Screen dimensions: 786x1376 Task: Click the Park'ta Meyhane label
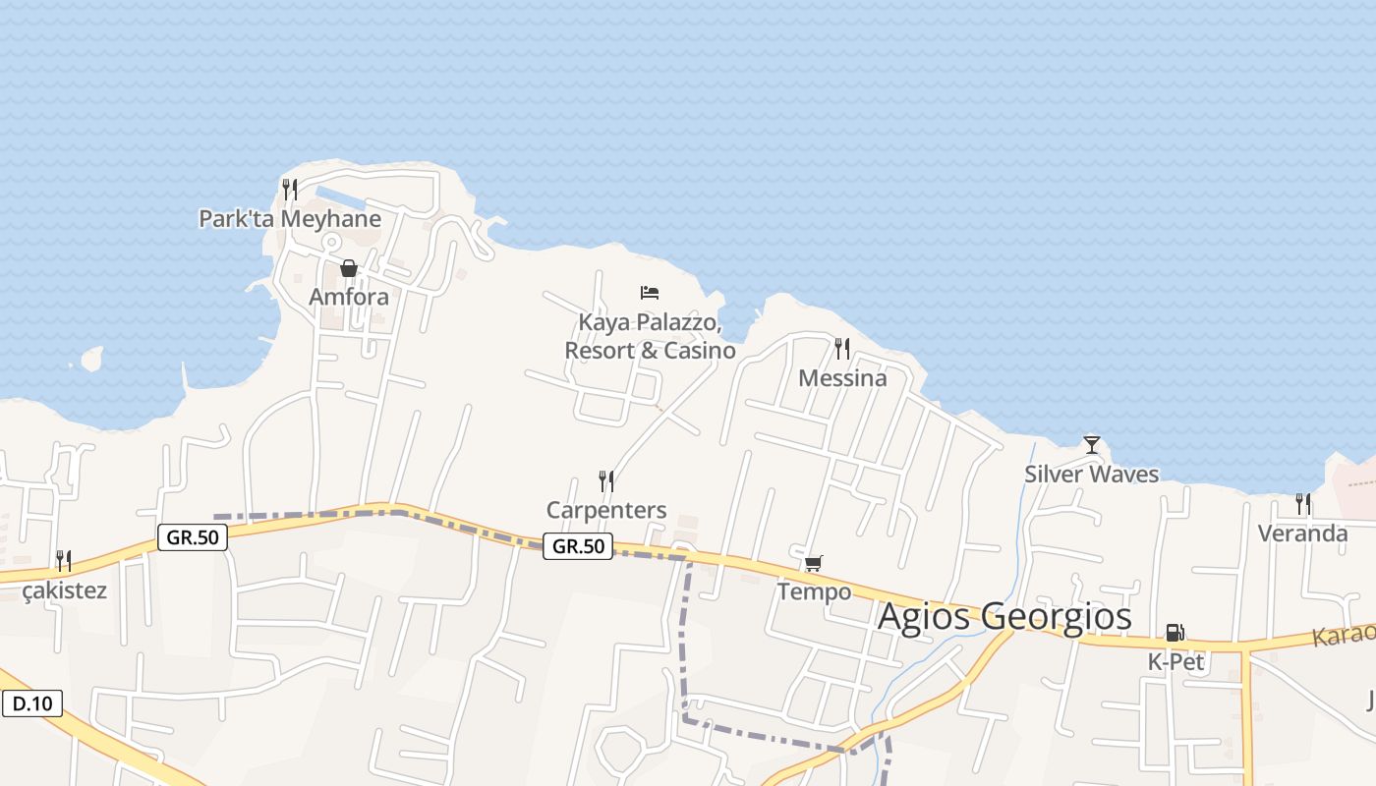(290, 218)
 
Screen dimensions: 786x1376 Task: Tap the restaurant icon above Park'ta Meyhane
(289, 189)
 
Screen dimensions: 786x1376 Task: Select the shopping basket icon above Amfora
(348, 268)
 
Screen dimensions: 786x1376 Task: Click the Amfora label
(349, 297)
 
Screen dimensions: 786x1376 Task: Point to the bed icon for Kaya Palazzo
(649, 292)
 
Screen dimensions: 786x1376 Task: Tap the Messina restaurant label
(842, 378)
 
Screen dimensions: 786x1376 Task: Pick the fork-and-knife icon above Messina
(841, 348)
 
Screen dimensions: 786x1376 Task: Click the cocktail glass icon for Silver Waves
(1091, 445)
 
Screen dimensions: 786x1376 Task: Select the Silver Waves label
(1091, 475)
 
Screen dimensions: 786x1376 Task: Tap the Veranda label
(1303, 533)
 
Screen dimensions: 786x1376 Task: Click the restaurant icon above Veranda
(1303, 504)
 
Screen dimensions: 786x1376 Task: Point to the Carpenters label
(606, 510)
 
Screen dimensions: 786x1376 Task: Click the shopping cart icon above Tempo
(813, 563)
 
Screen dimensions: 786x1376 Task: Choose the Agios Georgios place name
(1003, 617)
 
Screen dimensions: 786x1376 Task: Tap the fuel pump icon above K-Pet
(1175, 632)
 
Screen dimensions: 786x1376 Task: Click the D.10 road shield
(32, 703)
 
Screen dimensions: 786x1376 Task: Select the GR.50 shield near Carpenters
(578, 546)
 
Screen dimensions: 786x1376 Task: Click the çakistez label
(64, 590)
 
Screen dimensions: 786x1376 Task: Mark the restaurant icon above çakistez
(64, 561)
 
